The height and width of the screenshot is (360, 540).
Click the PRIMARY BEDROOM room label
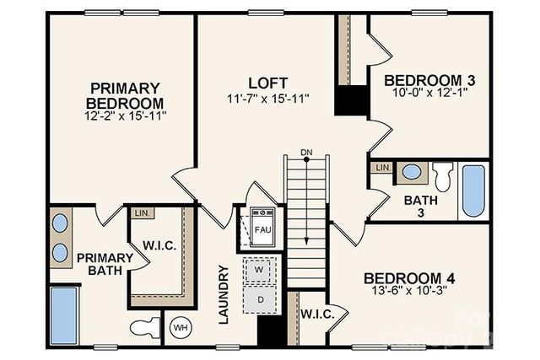click(125, 95)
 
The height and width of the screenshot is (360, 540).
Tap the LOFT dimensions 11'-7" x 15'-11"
click(267, 99)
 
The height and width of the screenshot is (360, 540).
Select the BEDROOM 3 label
click(429, 80)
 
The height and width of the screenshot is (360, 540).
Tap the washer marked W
click(260, 271)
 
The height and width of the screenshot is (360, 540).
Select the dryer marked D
click(260, 298)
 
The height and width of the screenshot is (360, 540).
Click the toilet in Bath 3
click(442, 175)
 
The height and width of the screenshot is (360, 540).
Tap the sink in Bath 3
click(412, 172)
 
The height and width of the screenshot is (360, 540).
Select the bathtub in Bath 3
click(473, 191)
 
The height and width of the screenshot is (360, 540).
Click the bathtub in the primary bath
click(62, 315)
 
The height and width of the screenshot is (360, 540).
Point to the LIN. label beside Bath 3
click(381, 168)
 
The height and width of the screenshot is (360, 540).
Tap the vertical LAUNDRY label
click(224, 295)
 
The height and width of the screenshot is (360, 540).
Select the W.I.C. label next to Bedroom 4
click(317, 314)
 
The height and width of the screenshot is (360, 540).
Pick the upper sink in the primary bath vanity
click(61, 223)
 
